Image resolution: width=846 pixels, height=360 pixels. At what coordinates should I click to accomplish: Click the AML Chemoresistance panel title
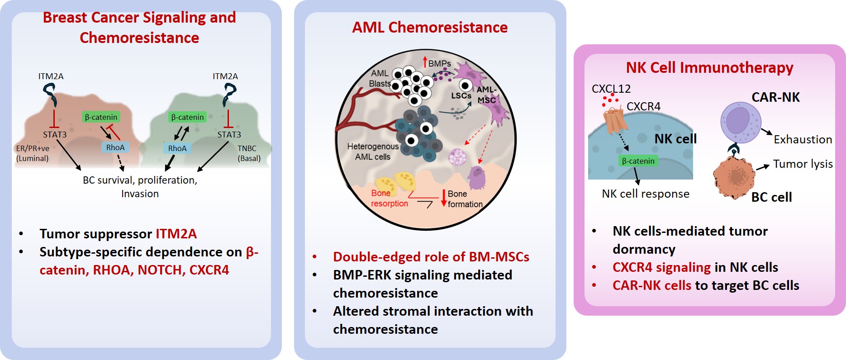click(430, 28)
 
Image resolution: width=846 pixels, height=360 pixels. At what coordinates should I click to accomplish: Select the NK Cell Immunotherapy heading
click(709, 68)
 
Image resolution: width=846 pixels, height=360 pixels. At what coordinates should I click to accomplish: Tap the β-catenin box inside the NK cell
click(638, 161)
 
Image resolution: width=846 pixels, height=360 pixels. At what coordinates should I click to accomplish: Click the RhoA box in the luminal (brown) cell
click(115, 147)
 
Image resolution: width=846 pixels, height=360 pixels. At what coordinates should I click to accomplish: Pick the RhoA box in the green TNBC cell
click(177, 148)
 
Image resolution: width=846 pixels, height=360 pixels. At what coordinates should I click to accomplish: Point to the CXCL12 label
click(611, 89)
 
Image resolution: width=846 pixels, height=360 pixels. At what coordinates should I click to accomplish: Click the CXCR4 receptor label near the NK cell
click(643, 106)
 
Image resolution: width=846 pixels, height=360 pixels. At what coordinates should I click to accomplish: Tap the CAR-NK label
click(775, 97)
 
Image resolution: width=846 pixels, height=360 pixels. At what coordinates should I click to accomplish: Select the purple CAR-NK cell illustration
click(741, 122)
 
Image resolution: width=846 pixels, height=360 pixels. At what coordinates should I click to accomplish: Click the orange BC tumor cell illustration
click(734, 177)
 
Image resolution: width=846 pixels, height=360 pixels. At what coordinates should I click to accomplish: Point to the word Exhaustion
click(803, 139)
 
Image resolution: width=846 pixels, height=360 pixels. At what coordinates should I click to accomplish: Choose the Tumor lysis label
click(803, 164)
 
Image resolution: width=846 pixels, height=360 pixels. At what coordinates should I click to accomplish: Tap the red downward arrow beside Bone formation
click(443, 198)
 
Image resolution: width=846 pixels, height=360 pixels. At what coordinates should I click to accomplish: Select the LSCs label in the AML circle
click(461, 96)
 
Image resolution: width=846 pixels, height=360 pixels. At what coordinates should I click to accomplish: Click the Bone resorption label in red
click(390, 199)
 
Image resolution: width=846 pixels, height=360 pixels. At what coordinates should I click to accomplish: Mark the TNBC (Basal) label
click(249, 153)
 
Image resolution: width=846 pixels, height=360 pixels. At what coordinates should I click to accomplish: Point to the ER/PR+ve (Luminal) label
click(33, 153)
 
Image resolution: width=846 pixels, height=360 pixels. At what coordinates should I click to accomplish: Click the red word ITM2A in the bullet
click(176, 234)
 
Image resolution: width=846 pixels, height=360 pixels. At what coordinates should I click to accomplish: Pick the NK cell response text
click(646, 194)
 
